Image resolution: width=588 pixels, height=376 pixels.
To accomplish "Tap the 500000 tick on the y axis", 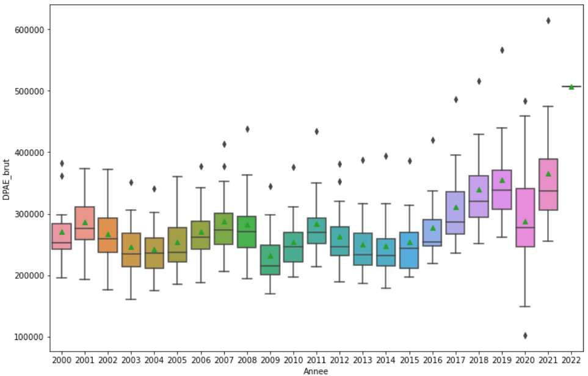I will click(x=32, y=91).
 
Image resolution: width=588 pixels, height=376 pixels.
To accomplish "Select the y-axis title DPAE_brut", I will click(x=7, y=178).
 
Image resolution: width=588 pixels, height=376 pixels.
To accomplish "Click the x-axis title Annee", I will click(x=316, y=371).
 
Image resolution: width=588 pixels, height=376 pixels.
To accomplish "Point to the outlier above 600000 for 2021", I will click(x=548, y=21).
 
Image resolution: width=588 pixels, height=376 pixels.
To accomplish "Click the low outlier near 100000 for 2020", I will click(x=525, y=335).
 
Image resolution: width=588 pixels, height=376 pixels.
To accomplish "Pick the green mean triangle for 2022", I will click(x=572, y=87).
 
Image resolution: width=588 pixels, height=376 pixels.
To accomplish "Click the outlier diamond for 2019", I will click(x=502, y=50).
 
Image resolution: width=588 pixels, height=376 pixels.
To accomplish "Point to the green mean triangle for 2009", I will click(x=270, y=256).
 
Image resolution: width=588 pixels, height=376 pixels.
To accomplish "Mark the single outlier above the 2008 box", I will click(x=247, y=129).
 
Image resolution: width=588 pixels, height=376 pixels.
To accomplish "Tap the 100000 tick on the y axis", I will click(x=32, y=337).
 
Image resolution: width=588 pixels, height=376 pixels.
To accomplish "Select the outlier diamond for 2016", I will click(x=432, y=140).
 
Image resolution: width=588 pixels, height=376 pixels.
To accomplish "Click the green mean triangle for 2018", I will click(x=479, y=190).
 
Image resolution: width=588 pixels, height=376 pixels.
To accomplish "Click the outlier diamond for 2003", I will click(x=131, y=182).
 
